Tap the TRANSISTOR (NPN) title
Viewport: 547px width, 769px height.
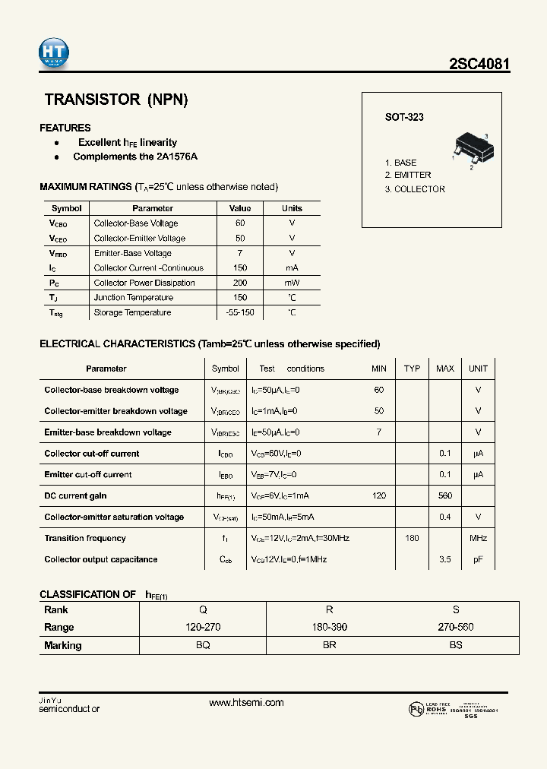(115, 100)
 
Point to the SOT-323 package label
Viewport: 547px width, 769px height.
(404, 117)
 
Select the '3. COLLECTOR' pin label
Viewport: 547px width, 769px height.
(415, 189)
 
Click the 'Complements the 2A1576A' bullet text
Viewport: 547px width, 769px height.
(135, 157)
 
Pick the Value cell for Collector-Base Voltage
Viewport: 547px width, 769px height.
(240, 223)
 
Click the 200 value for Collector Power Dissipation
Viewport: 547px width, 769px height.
(240, 283)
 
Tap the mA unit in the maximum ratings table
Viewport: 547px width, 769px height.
(292, 268)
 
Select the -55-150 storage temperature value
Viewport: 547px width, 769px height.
(240, 312)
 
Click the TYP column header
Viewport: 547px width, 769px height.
(412, 369)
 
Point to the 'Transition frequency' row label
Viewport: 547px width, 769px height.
(85, 538)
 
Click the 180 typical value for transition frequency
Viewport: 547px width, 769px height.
(412, 538)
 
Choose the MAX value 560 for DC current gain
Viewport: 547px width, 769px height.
(445, 495)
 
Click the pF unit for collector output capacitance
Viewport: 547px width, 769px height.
(478, 559)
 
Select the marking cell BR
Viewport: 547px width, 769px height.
(329, 645)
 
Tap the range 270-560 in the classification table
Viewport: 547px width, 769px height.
(456, 627)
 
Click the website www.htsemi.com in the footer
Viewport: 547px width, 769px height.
(246, 703)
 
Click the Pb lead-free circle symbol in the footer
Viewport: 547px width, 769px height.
(416, 708)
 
